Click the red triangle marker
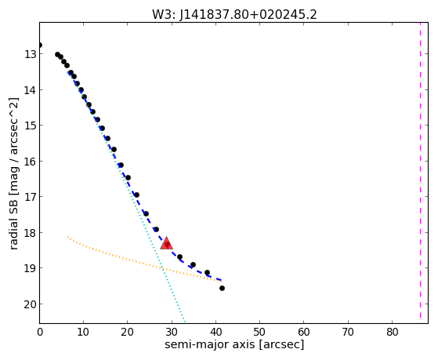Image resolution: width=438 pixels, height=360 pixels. (x=166, y=243)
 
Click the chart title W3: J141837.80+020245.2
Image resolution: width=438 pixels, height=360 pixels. (x=234, y=14)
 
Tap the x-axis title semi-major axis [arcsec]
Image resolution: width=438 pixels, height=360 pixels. (x=234, y=344)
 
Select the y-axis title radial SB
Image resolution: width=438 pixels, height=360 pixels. (x=13, y=220)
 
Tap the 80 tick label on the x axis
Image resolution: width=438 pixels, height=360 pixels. (x=392, y=332)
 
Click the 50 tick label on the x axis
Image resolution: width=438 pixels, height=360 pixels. (x=259, y=332)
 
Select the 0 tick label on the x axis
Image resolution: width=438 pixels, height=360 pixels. (x=40, y=332)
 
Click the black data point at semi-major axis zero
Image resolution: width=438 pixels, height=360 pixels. (x=40, y=45)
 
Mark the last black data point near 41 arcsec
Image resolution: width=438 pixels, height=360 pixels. (x=222, y=288)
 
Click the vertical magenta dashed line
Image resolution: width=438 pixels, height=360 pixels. (x=420, y=170)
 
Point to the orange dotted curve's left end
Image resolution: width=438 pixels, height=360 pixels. (x=67, y=237)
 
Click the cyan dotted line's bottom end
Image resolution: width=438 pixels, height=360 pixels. (x=184, y=322)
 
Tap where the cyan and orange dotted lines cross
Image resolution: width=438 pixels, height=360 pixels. (x=162, y=269)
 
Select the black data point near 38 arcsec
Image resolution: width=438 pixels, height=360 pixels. (x=207, y=272)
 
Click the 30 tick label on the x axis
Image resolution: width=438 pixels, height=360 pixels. (x=172, y=332)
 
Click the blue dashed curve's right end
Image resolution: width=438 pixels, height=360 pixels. (x=221, y=280)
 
